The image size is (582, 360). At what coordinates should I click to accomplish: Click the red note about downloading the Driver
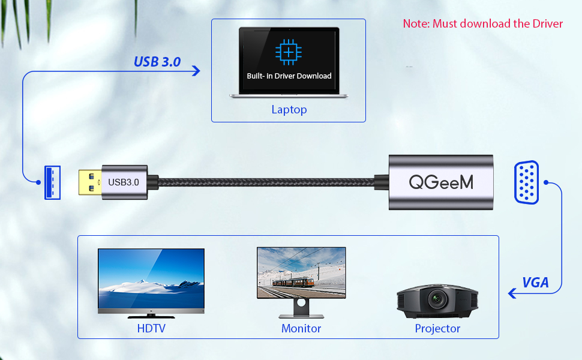(482, 24)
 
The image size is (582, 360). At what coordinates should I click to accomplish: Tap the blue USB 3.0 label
(157, 61)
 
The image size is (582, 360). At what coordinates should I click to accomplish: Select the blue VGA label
(535, 283)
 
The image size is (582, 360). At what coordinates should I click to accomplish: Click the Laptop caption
(289, 110)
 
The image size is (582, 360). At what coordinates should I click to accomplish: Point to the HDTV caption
(151, 328)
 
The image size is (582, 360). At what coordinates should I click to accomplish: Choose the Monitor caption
(301, 328)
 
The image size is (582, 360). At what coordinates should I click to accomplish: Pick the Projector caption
(437, 328)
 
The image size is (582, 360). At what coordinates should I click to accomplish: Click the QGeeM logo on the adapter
(441, 181)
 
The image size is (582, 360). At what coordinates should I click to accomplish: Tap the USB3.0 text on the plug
(124, 181)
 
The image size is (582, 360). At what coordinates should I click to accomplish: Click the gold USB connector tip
(89, 181)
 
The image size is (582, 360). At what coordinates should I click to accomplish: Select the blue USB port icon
(52, 182)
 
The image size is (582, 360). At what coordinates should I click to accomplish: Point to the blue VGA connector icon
(527, 182)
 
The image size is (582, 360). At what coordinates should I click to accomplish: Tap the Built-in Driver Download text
(289, 76)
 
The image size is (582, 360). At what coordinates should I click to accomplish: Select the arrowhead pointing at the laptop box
(196, 71)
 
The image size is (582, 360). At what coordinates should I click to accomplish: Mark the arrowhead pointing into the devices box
(512, 293)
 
